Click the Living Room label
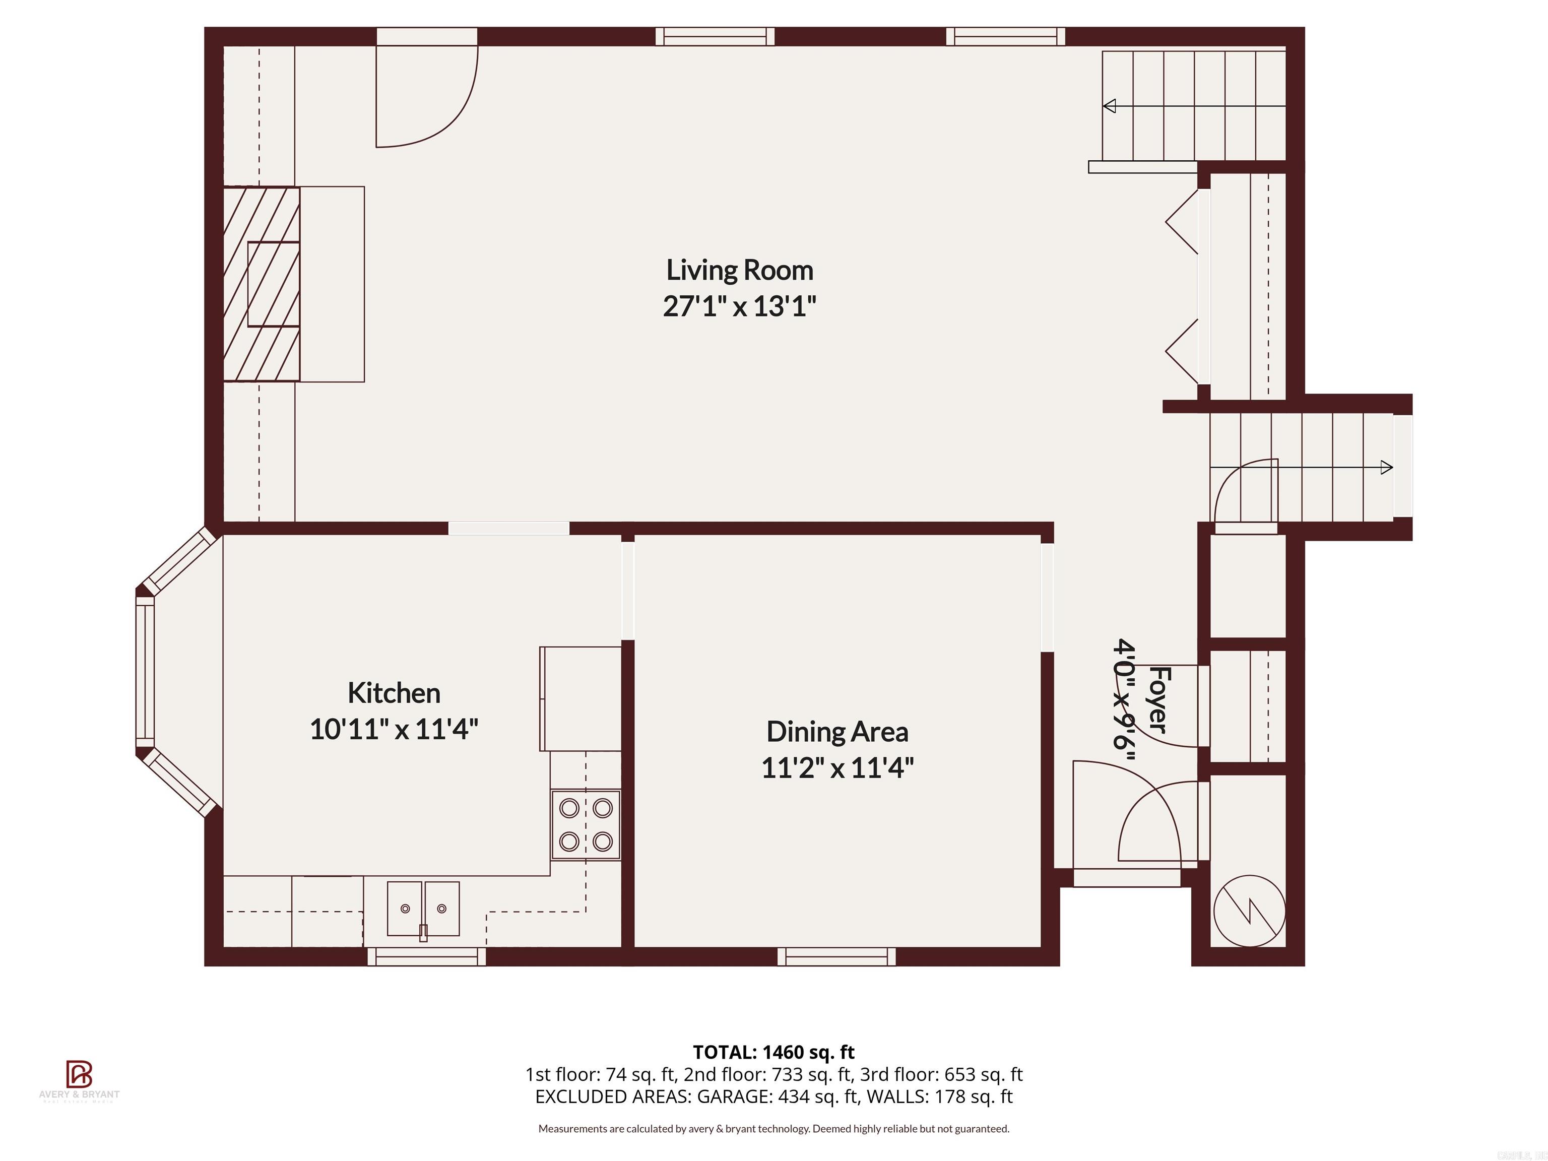coord(739,270)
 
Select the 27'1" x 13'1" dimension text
coord(739,306)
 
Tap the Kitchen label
coord(394,693)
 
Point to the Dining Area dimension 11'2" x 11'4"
coord(837,768)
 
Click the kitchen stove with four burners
coord(586,824)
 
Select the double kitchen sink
coord(423,909)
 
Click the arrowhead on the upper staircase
coord(1109,106)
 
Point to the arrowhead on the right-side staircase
coord(1386,468)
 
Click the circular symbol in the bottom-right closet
coord(1249,911)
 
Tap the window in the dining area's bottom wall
coord(836,956)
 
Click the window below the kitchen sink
coord(426,956)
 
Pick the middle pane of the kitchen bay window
coord(145,672)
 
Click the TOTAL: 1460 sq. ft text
coord(773,1052)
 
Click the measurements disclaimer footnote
coord(773,1128)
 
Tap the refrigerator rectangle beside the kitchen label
coord(580,698)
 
